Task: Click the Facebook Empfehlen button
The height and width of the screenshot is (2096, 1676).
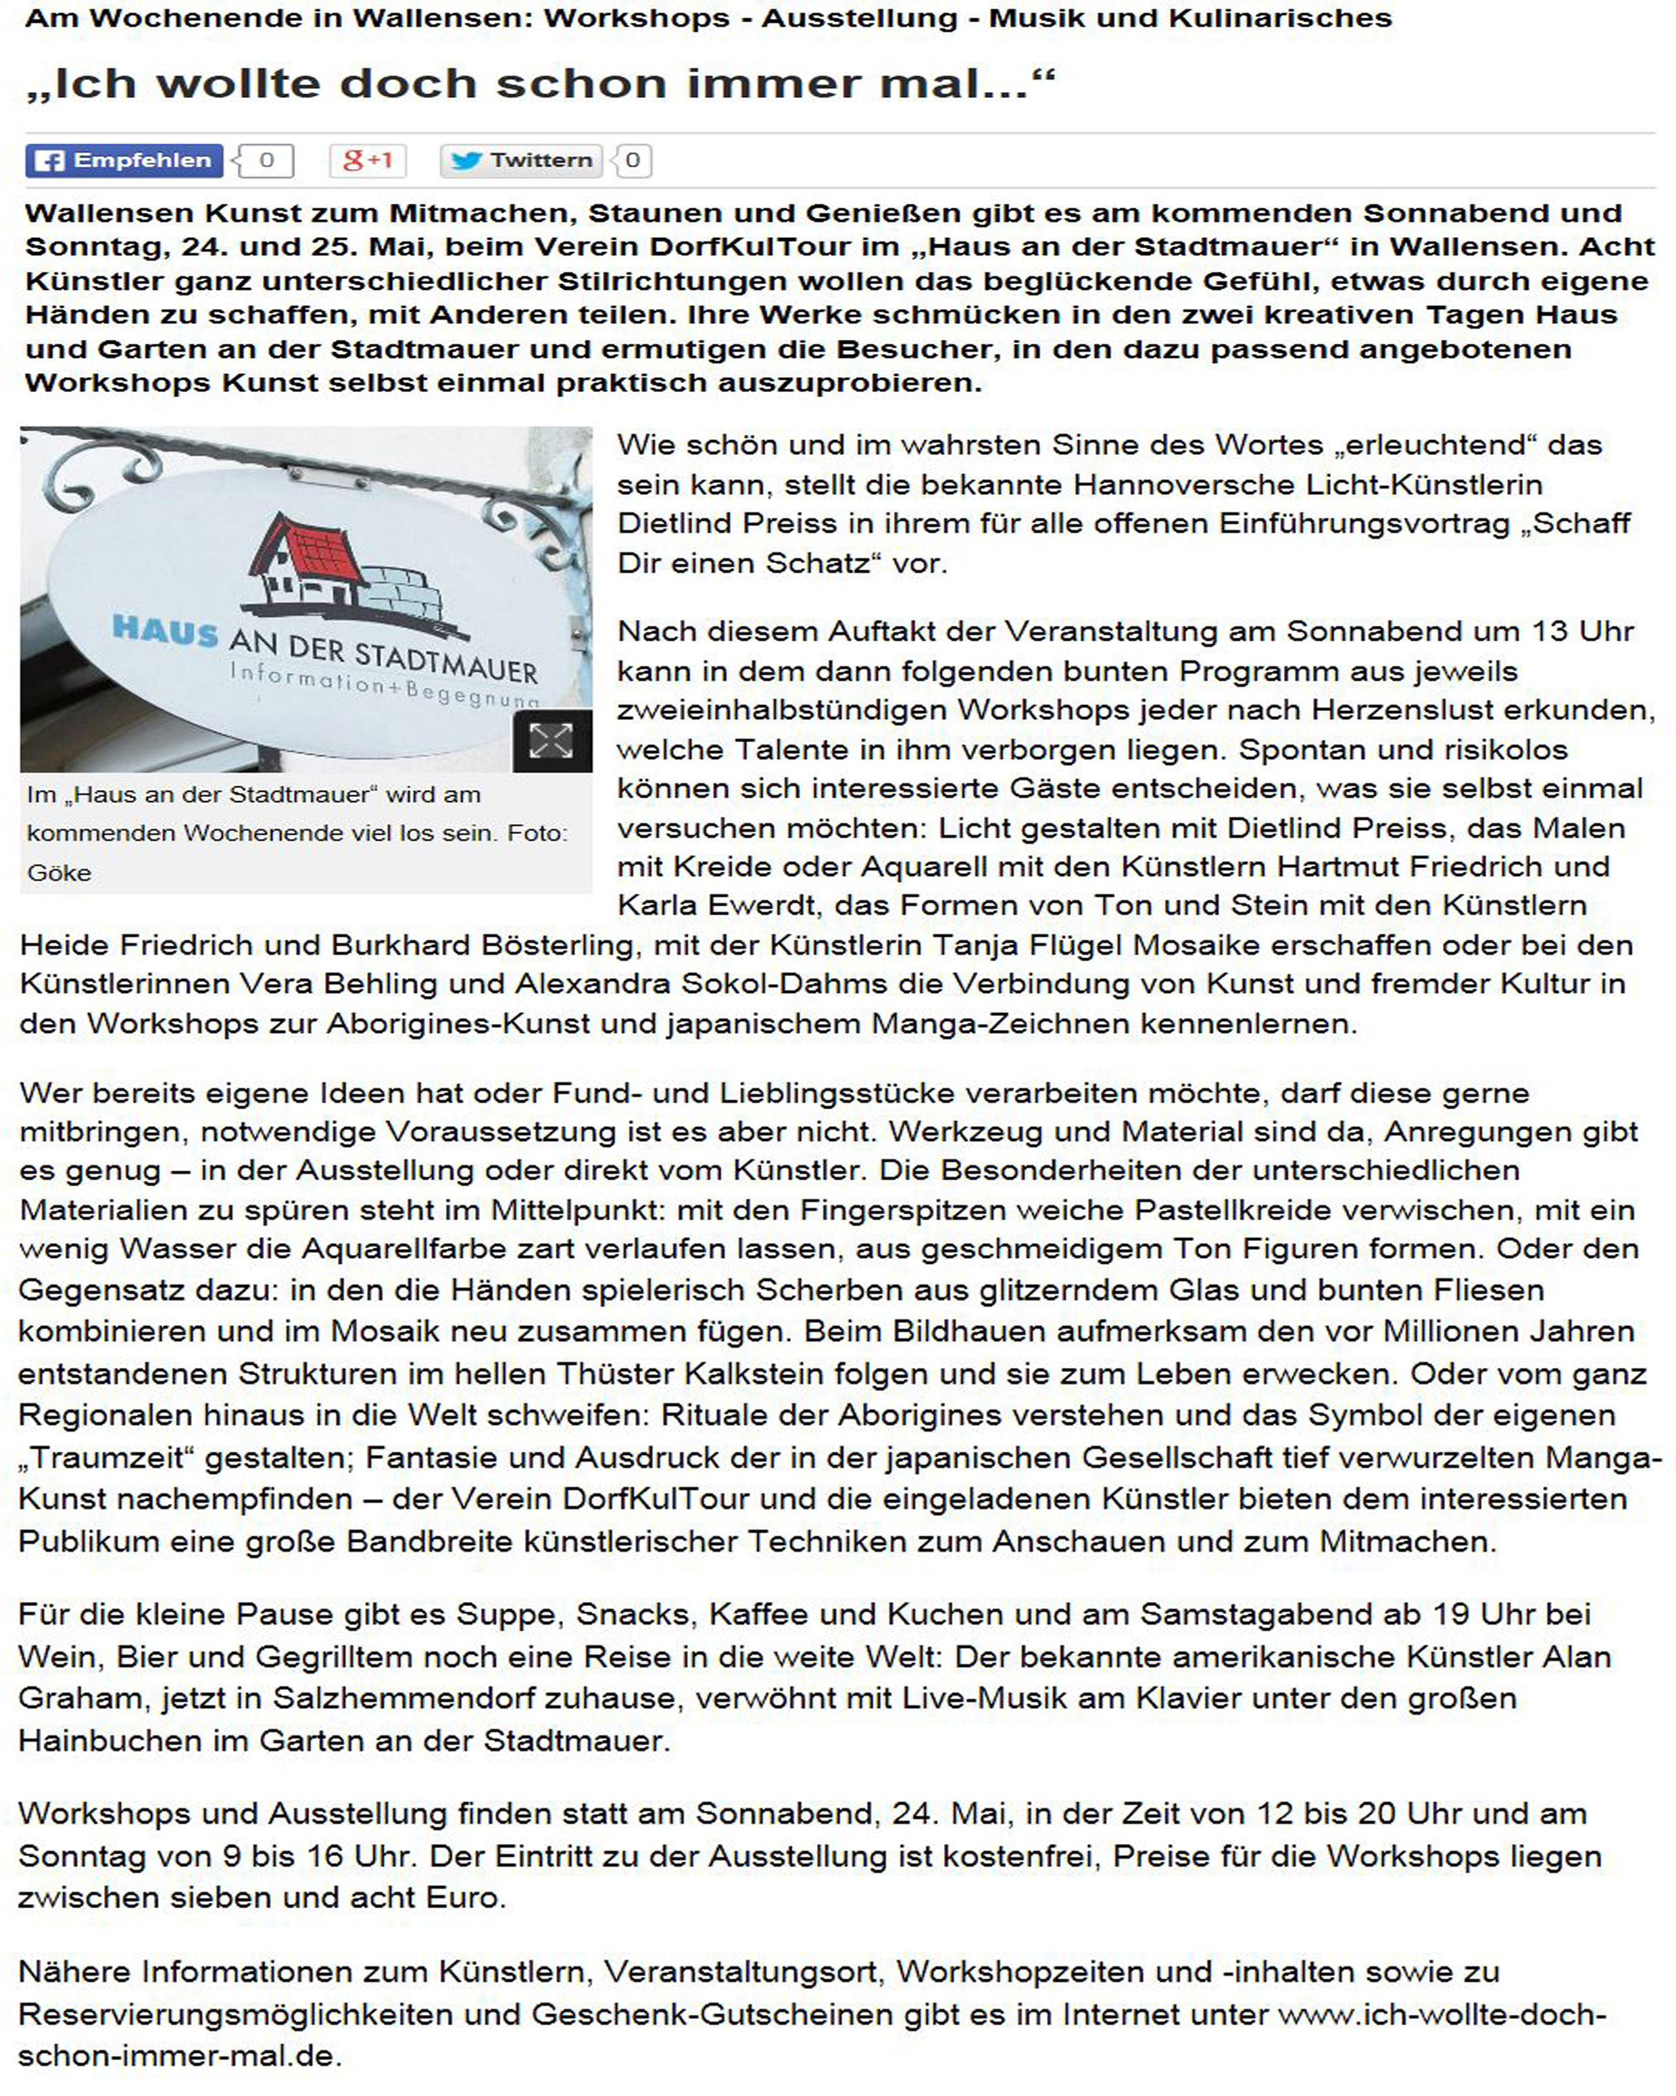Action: pyautogui.click(x=124, y=160)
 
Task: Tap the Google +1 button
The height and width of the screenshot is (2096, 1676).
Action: pyautogui.click(x=368, y=160)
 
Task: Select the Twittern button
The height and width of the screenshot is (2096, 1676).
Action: pyautogui.click(x=522, y=160)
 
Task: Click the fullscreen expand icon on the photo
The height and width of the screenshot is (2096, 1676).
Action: pyautogui.click(x=551, y=741)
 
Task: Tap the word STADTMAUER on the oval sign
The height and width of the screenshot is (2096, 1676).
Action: pyautogui.click(x=446, y=659)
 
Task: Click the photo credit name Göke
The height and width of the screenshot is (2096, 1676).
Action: pyautogui.click(x=59, y=873)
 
